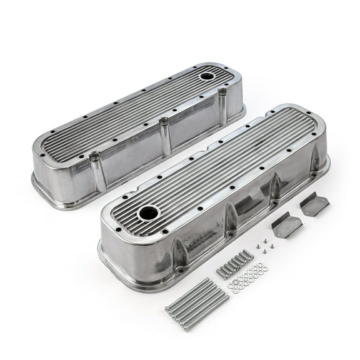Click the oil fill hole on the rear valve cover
(206, 76)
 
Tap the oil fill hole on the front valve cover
(149, 212)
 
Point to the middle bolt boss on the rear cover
(165, 136)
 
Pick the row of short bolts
(235, 264)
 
